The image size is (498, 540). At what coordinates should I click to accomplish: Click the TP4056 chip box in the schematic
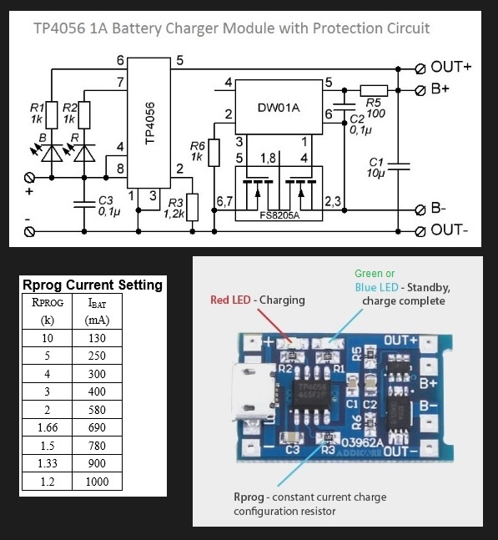pos(149,123)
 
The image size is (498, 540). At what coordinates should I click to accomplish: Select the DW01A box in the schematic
pos(279,107)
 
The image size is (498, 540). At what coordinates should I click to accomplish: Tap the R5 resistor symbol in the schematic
pos(374,91)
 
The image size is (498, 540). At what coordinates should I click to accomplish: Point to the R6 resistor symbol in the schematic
pos(214,153)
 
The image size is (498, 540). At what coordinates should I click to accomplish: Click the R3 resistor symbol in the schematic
pos(193,207)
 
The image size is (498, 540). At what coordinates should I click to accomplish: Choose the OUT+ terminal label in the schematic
pos(450,67)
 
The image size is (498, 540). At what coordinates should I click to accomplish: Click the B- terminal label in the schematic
pos(438,209)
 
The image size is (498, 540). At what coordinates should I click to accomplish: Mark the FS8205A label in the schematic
pos(279,215)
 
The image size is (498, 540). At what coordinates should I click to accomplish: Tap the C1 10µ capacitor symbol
pos(398,167)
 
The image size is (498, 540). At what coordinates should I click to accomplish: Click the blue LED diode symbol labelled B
pos(52,154)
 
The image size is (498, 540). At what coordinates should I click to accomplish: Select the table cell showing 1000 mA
pos(97,481)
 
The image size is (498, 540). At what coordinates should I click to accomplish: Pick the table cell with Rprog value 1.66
pos(48,427)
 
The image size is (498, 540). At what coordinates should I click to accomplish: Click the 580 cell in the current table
pos(97,410)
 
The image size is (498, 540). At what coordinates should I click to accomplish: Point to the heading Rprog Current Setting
pos(93,285)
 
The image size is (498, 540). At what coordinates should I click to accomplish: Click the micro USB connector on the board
pos(254,392)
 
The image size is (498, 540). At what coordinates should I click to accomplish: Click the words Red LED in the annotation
pos(230,300)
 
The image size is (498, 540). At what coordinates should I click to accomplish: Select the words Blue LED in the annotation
pos(376,287)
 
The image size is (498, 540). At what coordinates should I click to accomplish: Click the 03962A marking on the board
pos(362,442)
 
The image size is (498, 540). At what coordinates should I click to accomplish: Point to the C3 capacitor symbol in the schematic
pos(84,204)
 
